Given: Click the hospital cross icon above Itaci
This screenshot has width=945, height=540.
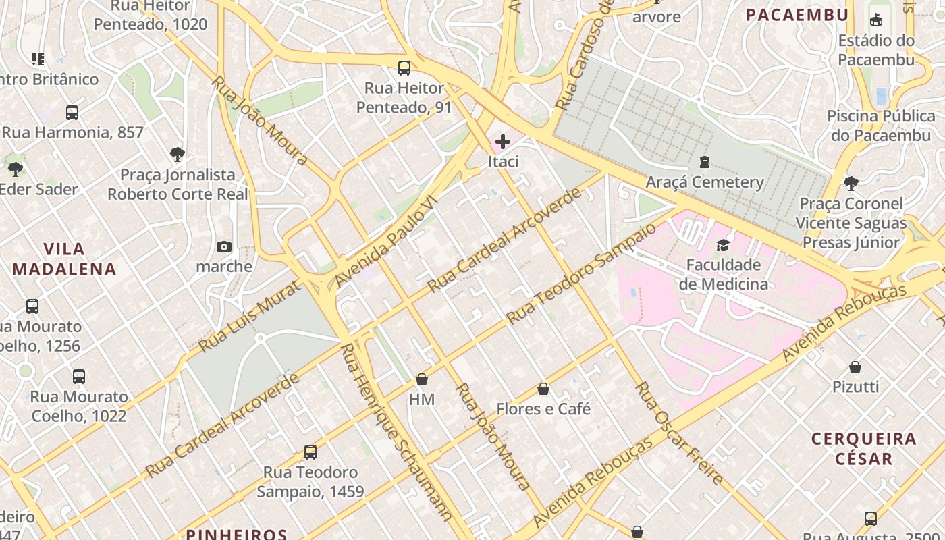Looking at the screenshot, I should click(x=503, y=142).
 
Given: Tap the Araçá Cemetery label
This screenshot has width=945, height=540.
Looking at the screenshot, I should click(x=705, y=182).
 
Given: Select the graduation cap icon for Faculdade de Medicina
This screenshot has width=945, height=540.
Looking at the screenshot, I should click(x=723, y=245).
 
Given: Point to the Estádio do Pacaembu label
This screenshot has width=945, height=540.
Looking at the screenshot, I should click(x=876, y=50).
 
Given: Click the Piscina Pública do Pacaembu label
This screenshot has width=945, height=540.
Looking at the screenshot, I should click(x=880, y=126).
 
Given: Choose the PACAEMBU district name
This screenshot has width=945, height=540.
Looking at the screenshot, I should click(x=796, y=15).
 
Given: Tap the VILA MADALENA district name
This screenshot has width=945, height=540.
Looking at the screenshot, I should click(x=65, y=259).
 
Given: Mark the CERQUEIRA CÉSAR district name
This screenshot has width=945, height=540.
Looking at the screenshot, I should click(x=864, y=449).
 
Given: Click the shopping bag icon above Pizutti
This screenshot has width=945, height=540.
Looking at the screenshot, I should click(x=855, y=367).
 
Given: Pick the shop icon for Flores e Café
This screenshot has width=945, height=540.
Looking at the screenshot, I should click(x=543, y=389).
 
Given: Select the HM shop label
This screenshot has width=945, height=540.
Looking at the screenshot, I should click(x=422, y=400).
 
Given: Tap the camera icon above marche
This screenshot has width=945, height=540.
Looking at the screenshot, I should click(x=224, y=247).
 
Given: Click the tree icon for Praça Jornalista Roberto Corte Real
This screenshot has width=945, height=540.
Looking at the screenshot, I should click(x=178, y=155).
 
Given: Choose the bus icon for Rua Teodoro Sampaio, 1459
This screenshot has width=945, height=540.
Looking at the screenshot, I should click(x=310, y=452).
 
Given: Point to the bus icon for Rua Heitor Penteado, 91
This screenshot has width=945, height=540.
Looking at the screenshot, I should click(x=404, y=68).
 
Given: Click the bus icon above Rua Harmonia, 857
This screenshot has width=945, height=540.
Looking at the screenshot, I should click(x=72, y=113).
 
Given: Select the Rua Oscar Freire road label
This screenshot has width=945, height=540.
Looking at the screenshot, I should click(x=680, y=433).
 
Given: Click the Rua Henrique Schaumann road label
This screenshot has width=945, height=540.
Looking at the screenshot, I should click(x=396, y=432).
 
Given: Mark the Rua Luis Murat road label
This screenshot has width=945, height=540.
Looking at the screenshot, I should click(x=250, y=317).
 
